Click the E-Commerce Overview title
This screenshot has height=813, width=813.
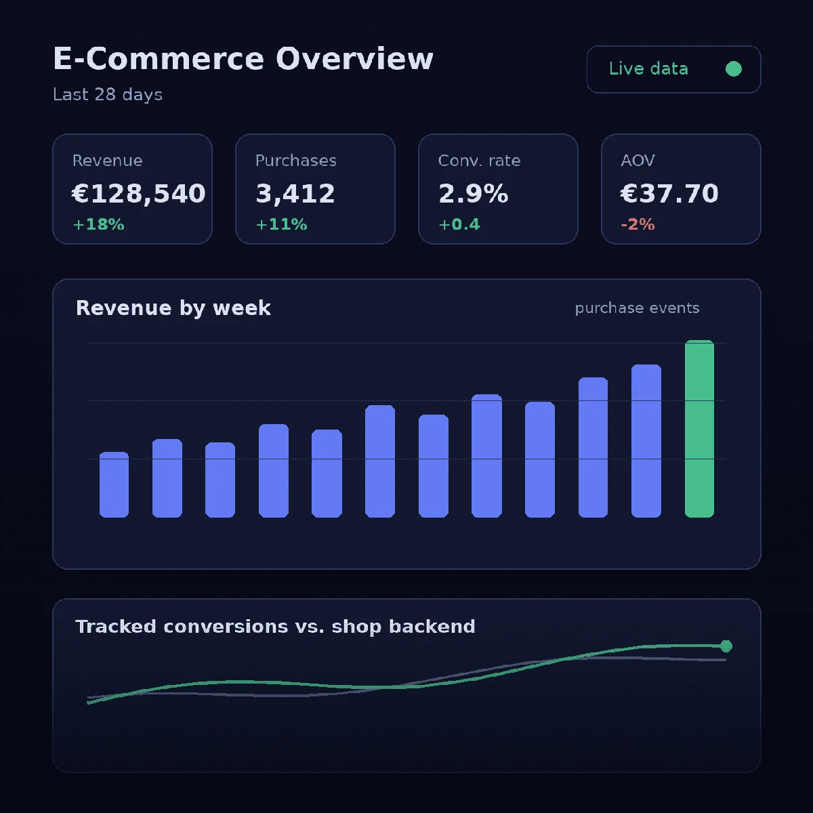243,59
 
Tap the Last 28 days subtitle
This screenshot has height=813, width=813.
108,94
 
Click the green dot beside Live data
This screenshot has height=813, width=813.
733,69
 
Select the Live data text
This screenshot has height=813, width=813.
648,69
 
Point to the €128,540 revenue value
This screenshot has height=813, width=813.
139,193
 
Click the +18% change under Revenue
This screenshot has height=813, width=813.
99,224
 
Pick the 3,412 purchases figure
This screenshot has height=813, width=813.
295,193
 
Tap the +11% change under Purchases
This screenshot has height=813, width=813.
281,224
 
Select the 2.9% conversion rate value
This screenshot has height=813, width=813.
474,193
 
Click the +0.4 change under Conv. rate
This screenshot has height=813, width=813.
459,224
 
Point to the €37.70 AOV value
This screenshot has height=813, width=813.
669,193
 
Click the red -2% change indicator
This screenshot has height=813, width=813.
638,224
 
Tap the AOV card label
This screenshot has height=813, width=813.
638,161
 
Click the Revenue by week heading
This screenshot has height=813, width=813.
173,308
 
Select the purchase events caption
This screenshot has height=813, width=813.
637,308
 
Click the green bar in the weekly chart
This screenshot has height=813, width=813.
699,429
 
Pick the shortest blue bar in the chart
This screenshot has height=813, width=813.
114,485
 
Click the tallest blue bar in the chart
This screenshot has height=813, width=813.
646,441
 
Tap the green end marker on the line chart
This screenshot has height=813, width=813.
726,646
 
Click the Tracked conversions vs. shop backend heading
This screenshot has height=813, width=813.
275,627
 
